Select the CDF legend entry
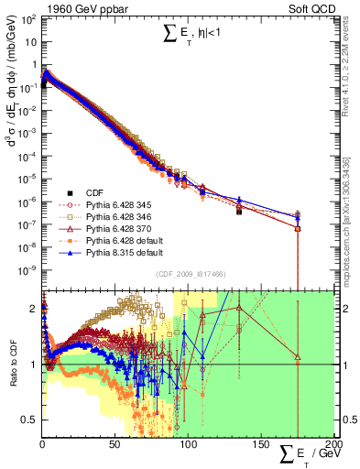coord(90,192)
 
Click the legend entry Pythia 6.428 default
coord(122,241)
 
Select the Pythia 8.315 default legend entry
coord(122,253)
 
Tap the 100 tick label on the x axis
coord(188,446)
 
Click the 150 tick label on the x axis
coord(260,446)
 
